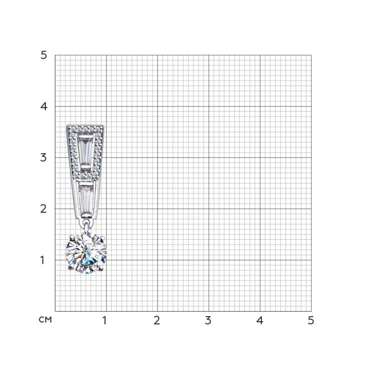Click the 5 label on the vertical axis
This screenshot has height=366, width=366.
pos(43,55)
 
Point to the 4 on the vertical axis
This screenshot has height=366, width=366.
pos(43,107)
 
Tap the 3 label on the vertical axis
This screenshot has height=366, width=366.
pos(43,157)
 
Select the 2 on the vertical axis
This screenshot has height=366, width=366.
pos(43,209)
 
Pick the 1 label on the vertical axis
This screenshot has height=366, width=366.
pos(43,260)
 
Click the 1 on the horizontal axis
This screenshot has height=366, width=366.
pos(105,320)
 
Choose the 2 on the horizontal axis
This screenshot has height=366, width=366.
pos(157,320)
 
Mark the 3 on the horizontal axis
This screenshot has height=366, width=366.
pos(208,320)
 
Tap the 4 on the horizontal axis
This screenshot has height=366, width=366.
pos(259,320)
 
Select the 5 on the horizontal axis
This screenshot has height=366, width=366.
pos(311,320)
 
